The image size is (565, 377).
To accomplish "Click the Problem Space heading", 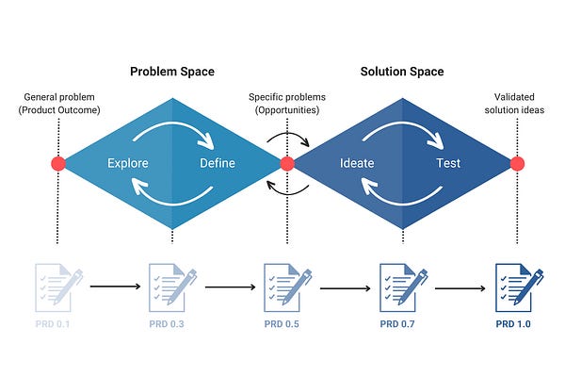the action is tap(171, 72).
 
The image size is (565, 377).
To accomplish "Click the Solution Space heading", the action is tap(402, 72).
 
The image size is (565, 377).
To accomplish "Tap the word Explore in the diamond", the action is tap(128, 164).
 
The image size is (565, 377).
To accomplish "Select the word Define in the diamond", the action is tap(218, 164).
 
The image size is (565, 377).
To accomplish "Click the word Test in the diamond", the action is tap(448, 164).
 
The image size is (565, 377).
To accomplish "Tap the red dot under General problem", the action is tap(57, 164).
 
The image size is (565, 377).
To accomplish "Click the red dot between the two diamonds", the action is tap(287, 164).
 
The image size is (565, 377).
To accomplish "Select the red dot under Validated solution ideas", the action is tap(517, 164).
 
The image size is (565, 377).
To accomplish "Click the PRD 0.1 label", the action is tap(56, 325).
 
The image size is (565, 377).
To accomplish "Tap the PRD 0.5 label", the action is tap(285, 325).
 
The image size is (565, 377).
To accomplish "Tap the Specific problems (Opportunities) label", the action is tap(286, 103).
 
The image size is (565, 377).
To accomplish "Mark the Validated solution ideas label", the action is tap(517, 103).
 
